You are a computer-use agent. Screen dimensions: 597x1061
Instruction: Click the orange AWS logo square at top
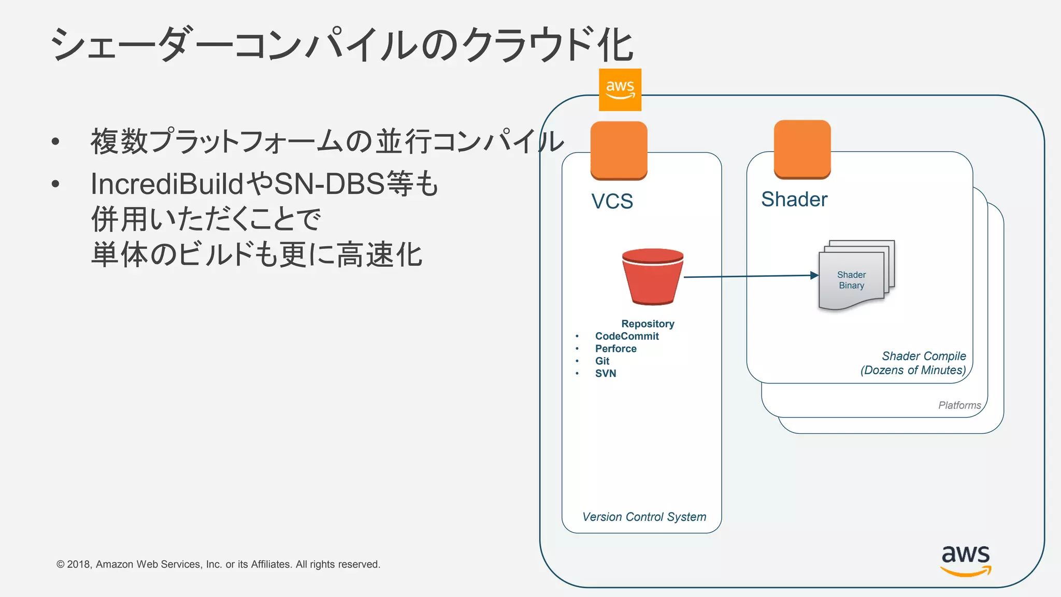pyautogui.click(x=620, y=90)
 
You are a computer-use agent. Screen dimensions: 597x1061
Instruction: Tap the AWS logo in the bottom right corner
pyautogui.click(x=966, y=560)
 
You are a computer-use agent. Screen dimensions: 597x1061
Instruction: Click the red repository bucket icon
pyautogui.click(x=652, y=277)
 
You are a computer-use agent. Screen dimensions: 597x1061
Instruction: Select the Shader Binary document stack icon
pyautogui.click(x=856, y=275)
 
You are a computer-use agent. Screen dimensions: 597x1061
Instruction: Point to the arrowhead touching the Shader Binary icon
pyautogui.click(x=814, y=275)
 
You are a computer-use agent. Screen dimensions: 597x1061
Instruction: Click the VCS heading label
pyautogui.click(x=612, y=201)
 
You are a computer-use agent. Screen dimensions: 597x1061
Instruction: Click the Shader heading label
pyautogui.click(x=794, y=200)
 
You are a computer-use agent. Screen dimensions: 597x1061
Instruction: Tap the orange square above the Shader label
pyautogui.click(x=802, y=149)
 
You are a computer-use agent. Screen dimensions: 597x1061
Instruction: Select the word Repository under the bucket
pyautogui.click(x=648, y=324)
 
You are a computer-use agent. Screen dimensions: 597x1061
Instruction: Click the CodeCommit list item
pyautogui.click(x=627, y=336)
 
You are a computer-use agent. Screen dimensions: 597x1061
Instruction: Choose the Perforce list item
pyautogui.click(x=615, y=349)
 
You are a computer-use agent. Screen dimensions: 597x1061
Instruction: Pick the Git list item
pyautogui.click(x=602, y=361)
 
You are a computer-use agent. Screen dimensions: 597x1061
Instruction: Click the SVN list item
pyautogui.click(x=605, y=374)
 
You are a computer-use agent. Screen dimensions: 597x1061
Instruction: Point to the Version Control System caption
pyautogui.click(x=644, y=517)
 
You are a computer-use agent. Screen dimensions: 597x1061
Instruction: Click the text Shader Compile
pyautogui.click(x=924, y=356)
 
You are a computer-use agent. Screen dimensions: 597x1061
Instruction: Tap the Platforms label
pyautogui.click(x=959, y=405)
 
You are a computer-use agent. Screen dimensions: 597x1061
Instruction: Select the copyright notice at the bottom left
pyautogui.click(x=218, y=564)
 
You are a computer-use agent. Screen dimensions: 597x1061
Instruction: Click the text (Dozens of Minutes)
pyautogui.click(x=913, y=370)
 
